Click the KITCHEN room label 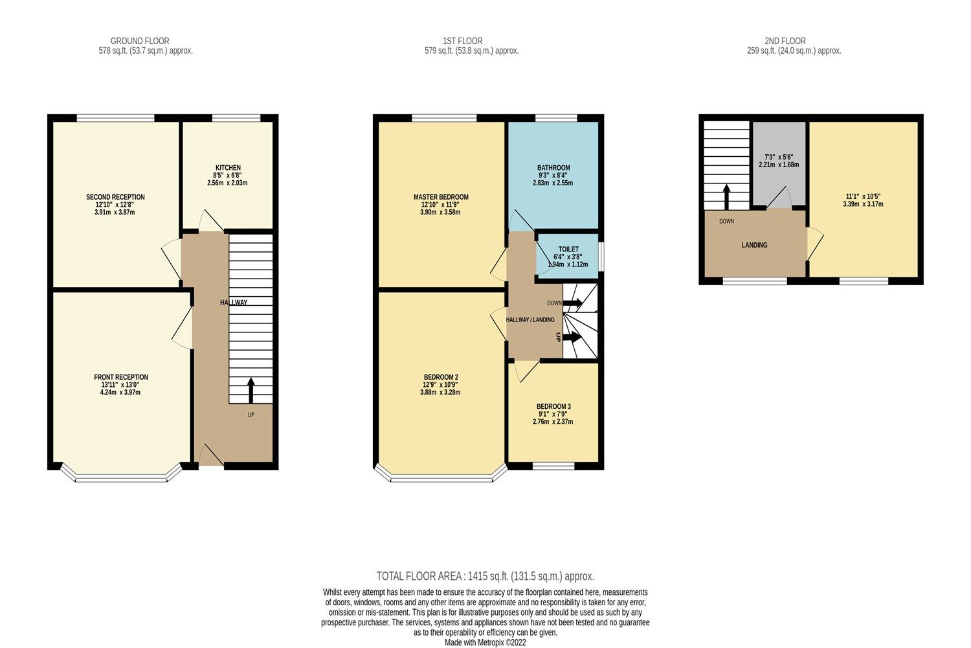(x=227, y=168)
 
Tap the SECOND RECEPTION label (x=115, y=197)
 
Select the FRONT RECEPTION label (x=121, y=377)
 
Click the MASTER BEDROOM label (x=441, y=197)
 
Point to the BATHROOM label (x=553, y=168)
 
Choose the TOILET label (x=568, y=249)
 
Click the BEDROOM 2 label (x=441, y=377)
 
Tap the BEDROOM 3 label (x=553, y=407)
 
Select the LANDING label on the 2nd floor (x=754, y=245)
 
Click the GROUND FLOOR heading (x=140, y=41)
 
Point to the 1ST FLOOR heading (x=462, y=41)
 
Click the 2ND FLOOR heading (x=785, y=41)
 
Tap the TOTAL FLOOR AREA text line (x=485, y=576)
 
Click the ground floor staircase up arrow (x=251, y=391)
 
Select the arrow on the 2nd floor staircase (x=726, y=195)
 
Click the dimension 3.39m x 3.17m (x=863, y=204)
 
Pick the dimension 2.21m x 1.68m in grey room (x=779, y=165)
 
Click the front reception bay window (x=121, y=478)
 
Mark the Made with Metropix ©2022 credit (x=485, y=642)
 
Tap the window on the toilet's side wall (x=601, y=256)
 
